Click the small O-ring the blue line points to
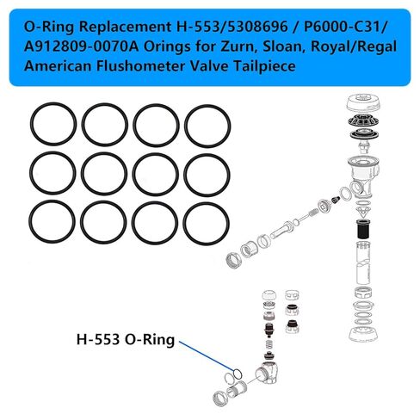235,374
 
